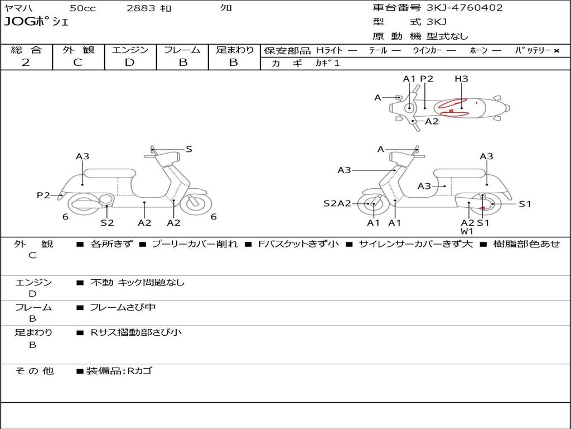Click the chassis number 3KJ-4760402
(464, 8)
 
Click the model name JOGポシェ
(36, 22)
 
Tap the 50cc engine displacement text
(81, 8)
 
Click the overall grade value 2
(26, 63)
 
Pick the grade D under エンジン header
(129, 63)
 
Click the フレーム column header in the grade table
(182, 50)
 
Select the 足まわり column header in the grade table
(234, 50)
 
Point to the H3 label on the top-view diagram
(461, 79)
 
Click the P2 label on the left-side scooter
(43, 195)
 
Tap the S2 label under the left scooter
(107, 222)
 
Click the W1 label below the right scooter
(467, 231)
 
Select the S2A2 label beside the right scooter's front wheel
(337, 203)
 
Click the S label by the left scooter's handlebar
(189, 149)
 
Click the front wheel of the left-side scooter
(193, 203)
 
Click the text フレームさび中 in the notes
(123, 307)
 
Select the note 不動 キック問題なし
(137, 283)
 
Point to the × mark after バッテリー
(557, 50)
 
